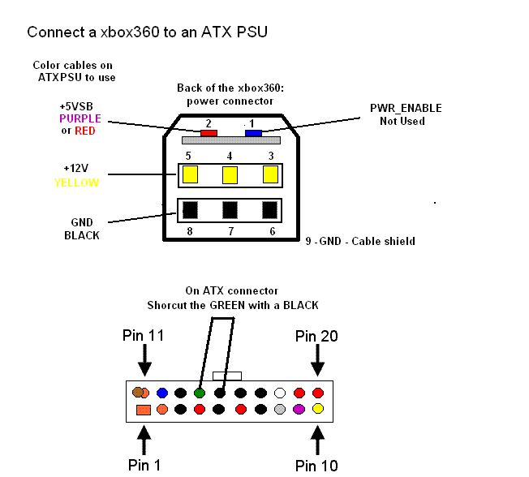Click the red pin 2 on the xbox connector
[209, 132]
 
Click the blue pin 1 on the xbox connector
[253, 132]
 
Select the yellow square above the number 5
[191, 174]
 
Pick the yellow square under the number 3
[271, 174]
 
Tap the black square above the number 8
[191, 209]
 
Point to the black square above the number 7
[230, 209]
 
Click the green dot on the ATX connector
[200, 393]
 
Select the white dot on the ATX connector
[280, 393]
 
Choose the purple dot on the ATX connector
[299, 409]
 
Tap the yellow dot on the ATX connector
[318, 409]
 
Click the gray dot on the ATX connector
[280, 409]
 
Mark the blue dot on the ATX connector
[161, 393]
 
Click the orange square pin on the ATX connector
[143, 410]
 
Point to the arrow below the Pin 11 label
[144, 356]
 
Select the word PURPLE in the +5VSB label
[80, 118]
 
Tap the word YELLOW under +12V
[76, 183]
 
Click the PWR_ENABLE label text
[406, 108]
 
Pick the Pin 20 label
[316, 335]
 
